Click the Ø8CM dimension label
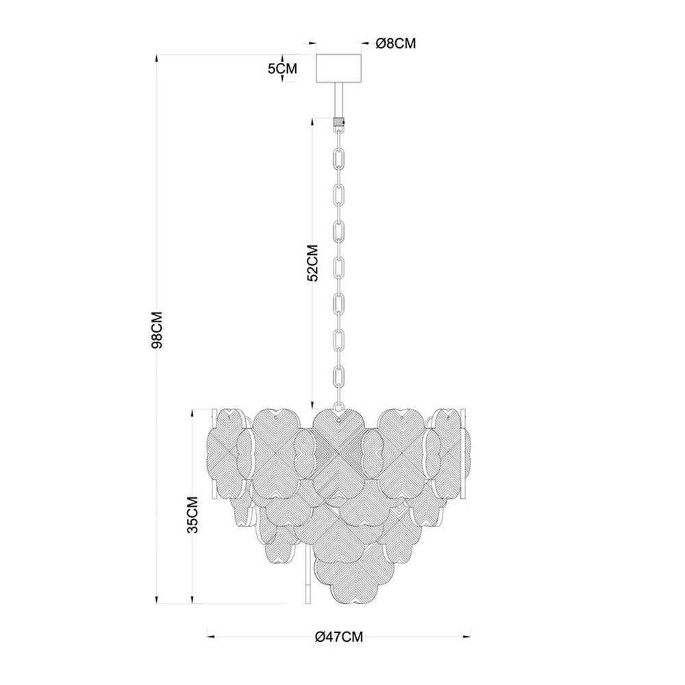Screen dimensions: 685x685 coord(396,43)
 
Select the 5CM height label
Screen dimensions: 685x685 coord(282,68)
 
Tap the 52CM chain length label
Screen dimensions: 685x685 coord(312,262)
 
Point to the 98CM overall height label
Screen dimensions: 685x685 coord(157,330)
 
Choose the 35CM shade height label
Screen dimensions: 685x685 coord(192,514)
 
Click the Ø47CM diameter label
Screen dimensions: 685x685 coord(339,637)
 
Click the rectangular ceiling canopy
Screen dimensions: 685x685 coord(338,68)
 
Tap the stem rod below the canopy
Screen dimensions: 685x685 coord(338,100)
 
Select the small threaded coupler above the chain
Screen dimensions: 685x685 coord(339,121)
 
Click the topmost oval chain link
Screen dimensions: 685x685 coord(339,131)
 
